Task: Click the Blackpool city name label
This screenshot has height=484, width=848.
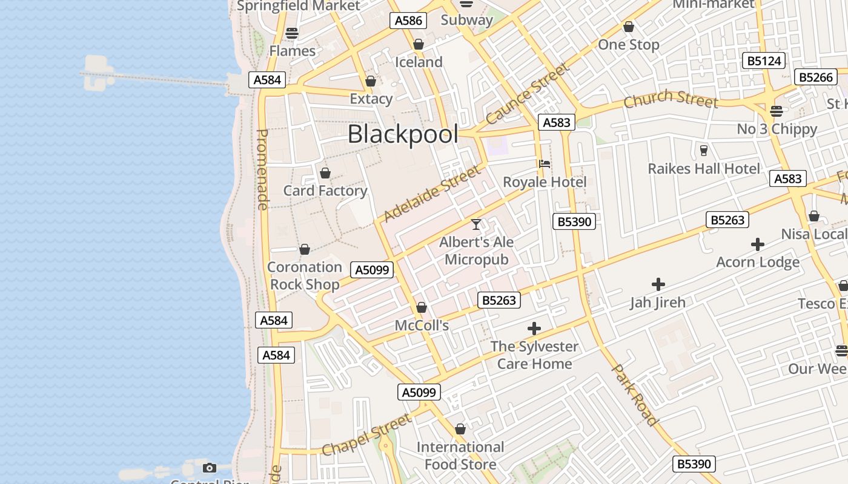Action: tap(403, 134)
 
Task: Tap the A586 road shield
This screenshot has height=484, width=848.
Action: tap(408, 21)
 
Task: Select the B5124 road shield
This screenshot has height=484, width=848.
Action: tap(764, 60)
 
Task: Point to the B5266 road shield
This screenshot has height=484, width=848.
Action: tap(815, 77)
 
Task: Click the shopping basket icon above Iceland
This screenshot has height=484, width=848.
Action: tap(418, 44)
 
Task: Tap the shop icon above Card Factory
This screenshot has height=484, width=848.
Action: tap(325, 173)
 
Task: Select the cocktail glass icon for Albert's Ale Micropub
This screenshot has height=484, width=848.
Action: tap(476, 224)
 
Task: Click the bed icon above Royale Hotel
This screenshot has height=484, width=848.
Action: tap(545, 163)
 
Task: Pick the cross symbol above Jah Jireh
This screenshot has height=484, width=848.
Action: tap(658, 284)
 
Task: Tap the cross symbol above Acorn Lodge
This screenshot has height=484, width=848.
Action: tap(757, 244)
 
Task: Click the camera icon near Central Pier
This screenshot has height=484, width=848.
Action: tap(210, 468)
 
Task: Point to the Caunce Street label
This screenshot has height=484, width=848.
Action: tap(527, 94)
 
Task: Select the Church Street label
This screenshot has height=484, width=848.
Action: tap(671, 99)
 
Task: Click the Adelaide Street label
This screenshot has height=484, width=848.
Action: tap(432, 194)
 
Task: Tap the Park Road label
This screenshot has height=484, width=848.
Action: tap(635, 394)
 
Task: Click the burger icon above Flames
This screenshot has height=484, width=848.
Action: tap(292, 33)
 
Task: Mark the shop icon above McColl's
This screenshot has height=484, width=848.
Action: tap(422, 307)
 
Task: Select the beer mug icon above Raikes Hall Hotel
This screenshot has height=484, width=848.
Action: tap(703, 150)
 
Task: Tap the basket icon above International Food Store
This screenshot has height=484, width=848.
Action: tap(460, 429)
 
